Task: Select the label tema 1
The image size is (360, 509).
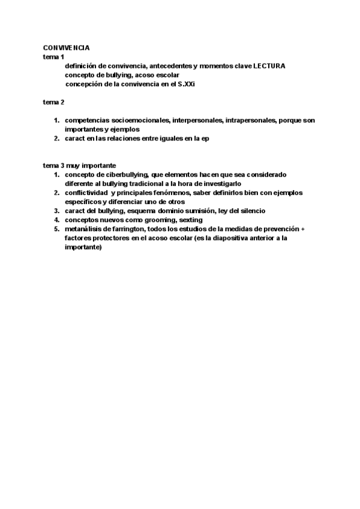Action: tap(53, 56)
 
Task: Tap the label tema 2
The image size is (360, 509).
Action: tap(53, 102)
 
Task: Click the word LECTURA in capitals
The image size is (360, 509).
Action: tap(269, 65)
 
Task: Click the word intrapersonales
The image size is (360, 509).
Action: tap(251, 121)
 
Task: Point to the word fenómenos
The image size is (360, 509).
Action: tap(188, 193)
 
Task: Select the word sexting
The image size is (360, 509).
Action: tap(191, 220)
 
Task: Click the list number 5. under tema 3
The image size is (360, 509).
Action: tap(56, 229)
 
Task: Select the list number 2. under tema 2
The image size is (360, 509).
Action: tap(56, 139)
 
